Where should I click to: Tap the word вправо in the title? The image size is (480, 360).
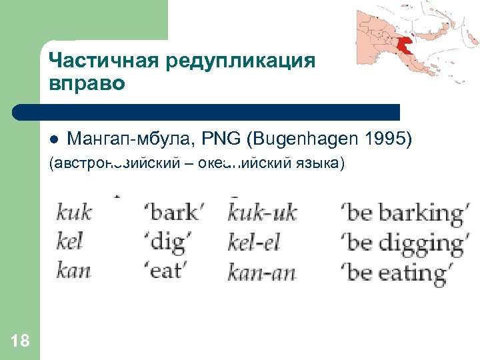point(86,85)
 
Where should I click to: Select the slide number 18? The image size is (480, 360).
point(20,341)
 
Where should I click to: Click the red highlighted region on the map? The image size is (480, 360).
point(404,45)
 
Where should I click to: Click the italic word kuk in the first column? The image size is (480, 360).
point(74,213)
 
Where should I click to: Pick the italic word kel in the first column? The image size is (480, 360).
point(71,241)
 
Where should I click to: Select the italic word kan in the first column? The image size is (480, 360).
point(74,271)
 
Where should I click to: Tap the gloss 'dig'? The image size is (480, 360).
point(167,242)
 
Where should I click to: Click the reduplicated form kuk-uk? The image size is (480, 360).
point(261,213)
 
